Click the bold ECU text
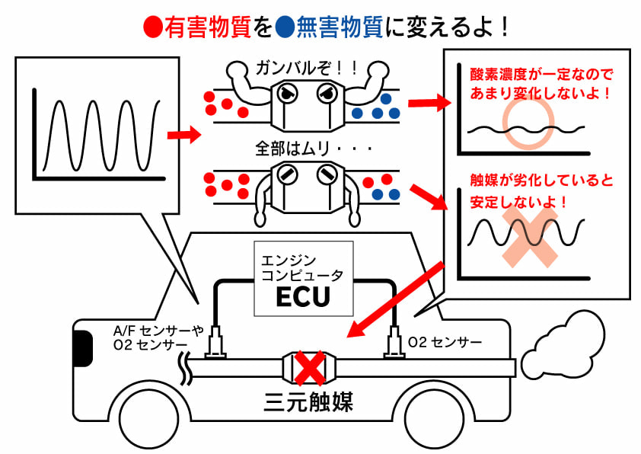(303, 296)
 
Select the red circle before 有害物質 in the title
(151, 28)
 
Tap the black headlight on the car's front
(78, 350)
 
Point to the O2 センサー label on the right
(445, 342)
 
